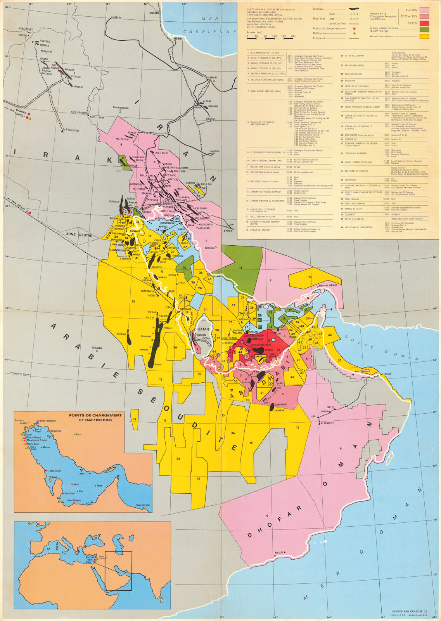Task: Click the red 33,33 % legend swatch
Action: [424, 23]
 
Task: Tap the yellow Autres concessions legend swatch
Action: [424, 36]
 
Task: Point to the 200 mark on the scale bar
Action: [293, 36]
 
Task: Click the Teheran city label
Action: [210, 78]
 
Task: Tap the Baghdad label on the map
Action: [72, 130]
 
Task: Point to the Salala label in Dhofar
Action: [280, 552]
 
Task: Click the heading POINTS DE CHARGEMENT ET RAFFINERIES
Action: [95, 417]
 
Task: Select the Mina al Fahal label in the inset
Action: [143, 505]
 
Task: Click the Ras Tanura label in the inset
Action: [56, 471]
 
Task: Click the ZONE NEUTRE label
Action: [85, 235]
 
